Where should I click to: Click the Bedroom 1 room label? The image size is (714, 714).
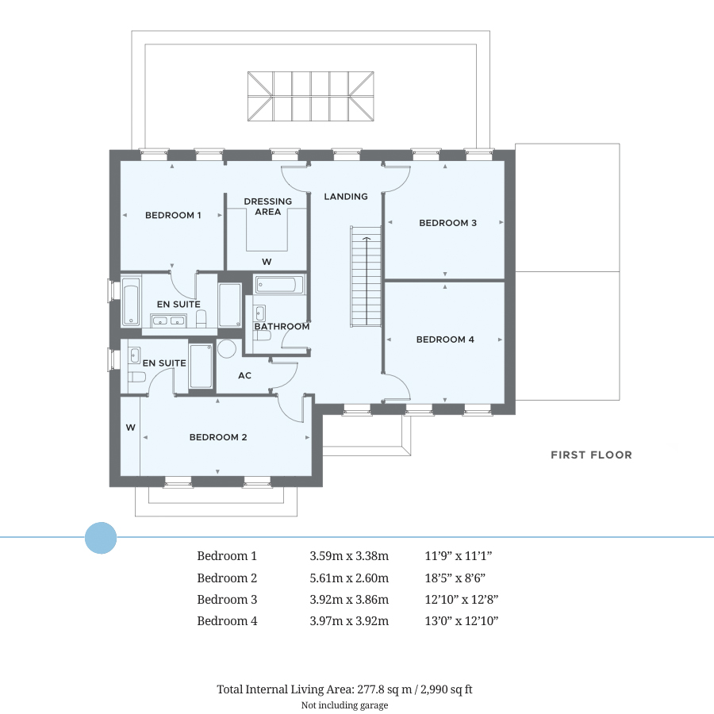pos(172,215)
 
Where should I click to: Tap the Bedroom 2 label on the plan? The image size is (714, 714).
pos(217,437)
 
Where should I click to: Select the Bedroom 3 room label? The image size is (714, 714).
pos(447,223)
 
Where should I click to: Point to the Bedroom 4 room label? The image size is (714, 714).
pos(445,340)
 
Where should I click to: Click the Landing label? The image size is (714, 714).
pos(346,197)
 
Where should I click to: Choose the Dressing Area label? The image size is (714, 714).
pos(267,206)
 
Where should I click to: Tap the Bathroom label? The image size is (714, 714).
pos(282,326)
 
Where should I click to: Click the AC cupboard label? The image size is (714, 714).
pos(244,375)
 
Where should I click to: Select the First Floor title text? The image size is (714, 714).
pos(591,455)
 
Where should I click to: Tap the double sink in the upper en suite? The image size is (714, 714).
pos(168,321)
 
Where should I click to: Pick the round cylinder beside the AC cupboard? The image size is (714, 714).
pos(228,349)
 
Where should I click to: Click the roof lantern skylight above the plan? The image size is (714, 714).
pos(310,95)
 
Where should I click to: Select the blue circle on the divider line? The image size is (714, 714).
pos(101,538)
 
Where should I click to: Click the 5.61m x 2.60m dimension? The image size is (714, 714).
pos(349,578)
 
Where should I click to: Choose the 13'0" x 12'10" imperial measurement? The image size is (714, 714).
pos(462,621)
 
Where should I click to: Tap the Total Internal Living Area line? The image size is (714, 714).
pos(344,689)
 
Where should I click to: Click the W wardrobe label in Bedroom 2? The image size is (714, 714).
pos(130,428)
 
